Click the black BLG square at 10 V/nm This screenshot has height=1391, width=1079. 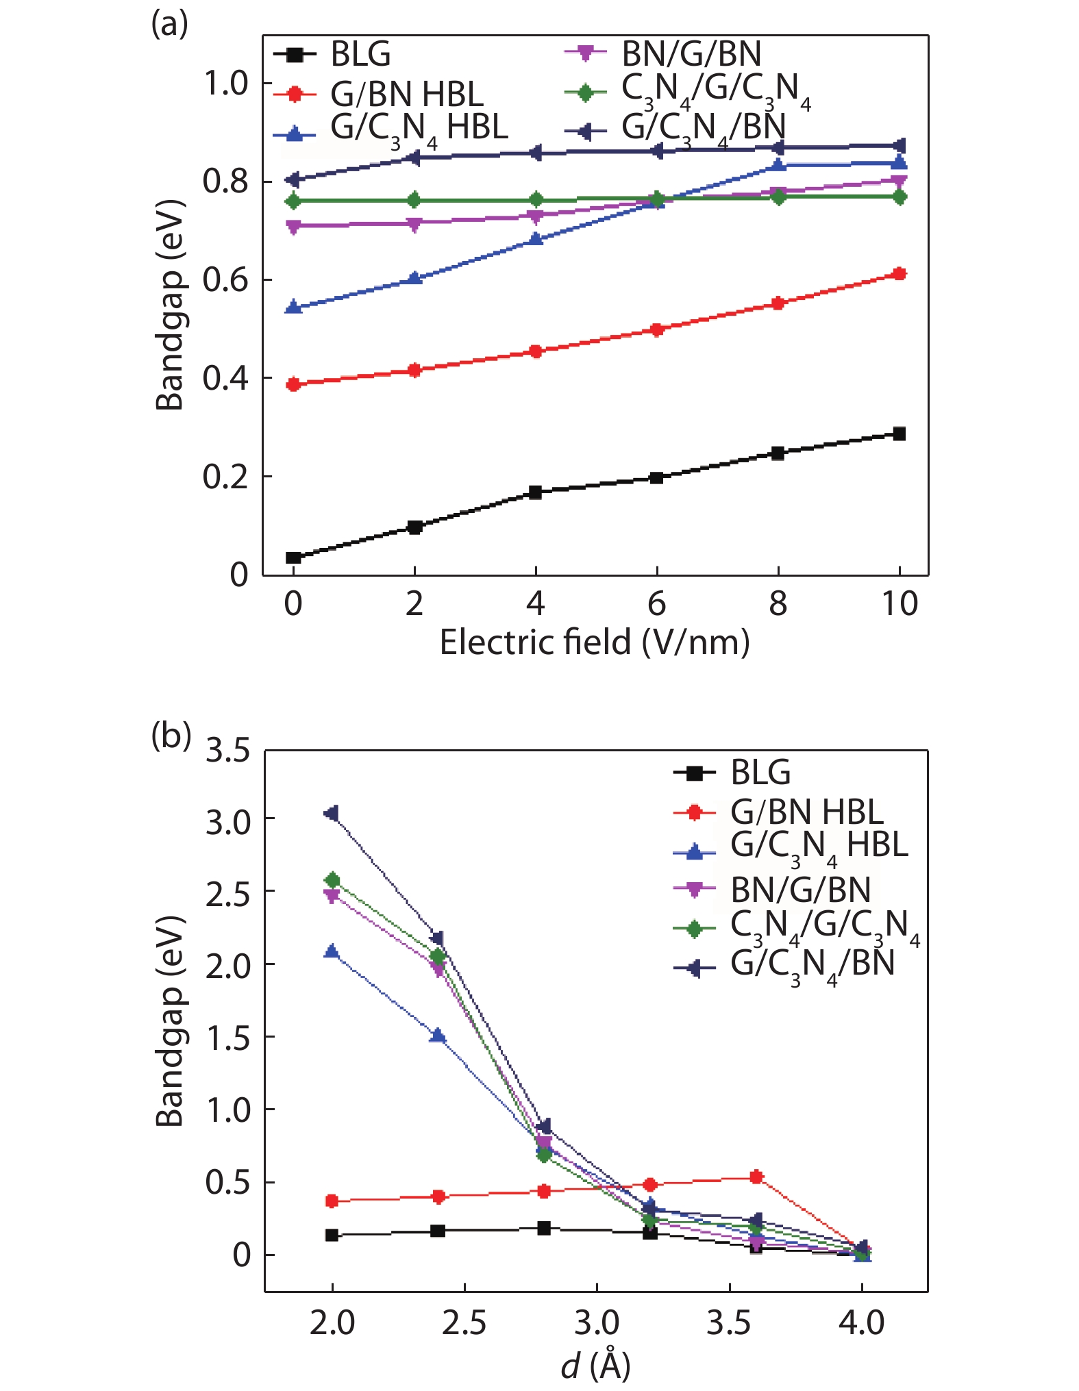point(900,434)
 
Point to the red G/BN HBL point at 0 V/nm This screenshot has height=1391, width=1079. point(293,384)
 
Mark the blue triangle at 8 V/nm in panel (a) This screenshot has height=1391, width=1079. point(778,165)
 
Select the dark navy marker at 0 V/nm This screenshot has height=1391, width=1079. point(293,179)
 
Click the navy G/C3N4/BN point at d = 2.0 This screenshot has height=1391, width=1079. point(332,813)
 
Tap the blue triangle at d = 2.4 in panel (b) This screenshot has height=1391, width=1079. point(438,1036)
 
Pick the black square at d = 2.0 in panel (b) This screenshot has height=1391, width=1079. point(332,1235)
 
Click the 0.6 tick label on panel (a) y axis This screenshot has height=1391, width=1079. point(225,280)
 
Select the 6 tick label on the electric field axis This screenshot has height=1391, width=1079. point(656,603)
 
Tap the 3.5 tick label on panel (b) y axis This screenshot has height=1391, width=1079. point(228,751)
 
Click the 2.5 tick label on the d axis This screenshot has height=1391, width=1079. point(464,1322)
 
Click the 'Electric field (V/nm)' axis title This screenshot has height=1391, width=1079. point(594,642)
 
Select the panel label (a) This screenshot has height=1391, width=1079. point(169,24)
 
